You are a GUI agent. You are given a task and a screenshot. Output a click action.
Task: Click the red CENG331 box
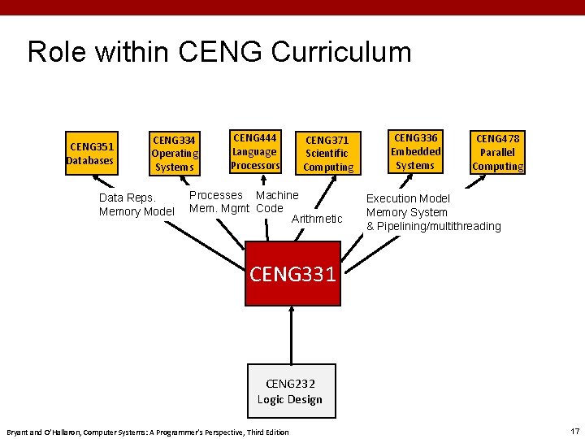coord(292,273)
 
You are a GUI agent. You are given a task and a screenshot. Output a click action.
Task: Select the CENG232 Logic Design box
coord(291,391)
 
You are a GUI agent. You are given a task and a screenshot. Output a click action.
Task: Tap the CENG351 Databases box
coord(92,154)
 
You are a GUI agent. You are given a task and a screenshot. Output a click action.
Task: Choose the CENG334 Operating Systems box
coord(175,153)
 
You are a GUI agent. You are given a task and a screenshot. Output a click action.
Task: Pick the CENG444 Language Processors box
coord(255,151)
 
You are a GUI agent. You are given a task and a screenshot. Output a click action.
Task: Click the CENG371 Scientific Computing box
coord(328,154)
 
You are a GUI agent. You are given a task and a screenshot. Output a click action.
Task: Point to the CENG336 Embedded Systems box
coord(415,151)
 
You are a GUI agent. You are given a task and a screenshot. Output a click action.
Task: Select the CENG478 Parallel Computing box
coord(498,153)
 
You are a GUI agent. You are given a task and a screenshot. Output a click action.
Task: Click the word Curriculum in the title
coord(341,52)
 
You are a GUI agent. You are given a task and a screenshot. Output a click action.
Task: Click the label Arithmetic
coord(317,219)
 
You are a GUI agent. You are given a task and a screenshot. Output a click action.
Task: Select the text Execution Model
coord(408,198)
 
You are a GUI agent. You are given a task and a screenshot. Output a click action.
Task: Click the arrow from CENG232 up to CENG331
coord(292,333)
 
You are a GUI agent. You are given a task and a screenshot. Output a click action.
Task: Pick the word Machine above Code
coord(277,195)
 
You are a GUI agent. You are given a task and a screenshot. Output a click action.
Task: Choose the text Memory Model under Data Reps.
coord(136,212)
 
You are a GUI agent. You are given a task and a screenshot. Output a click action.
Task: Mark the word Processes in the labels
coord(215,195)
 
